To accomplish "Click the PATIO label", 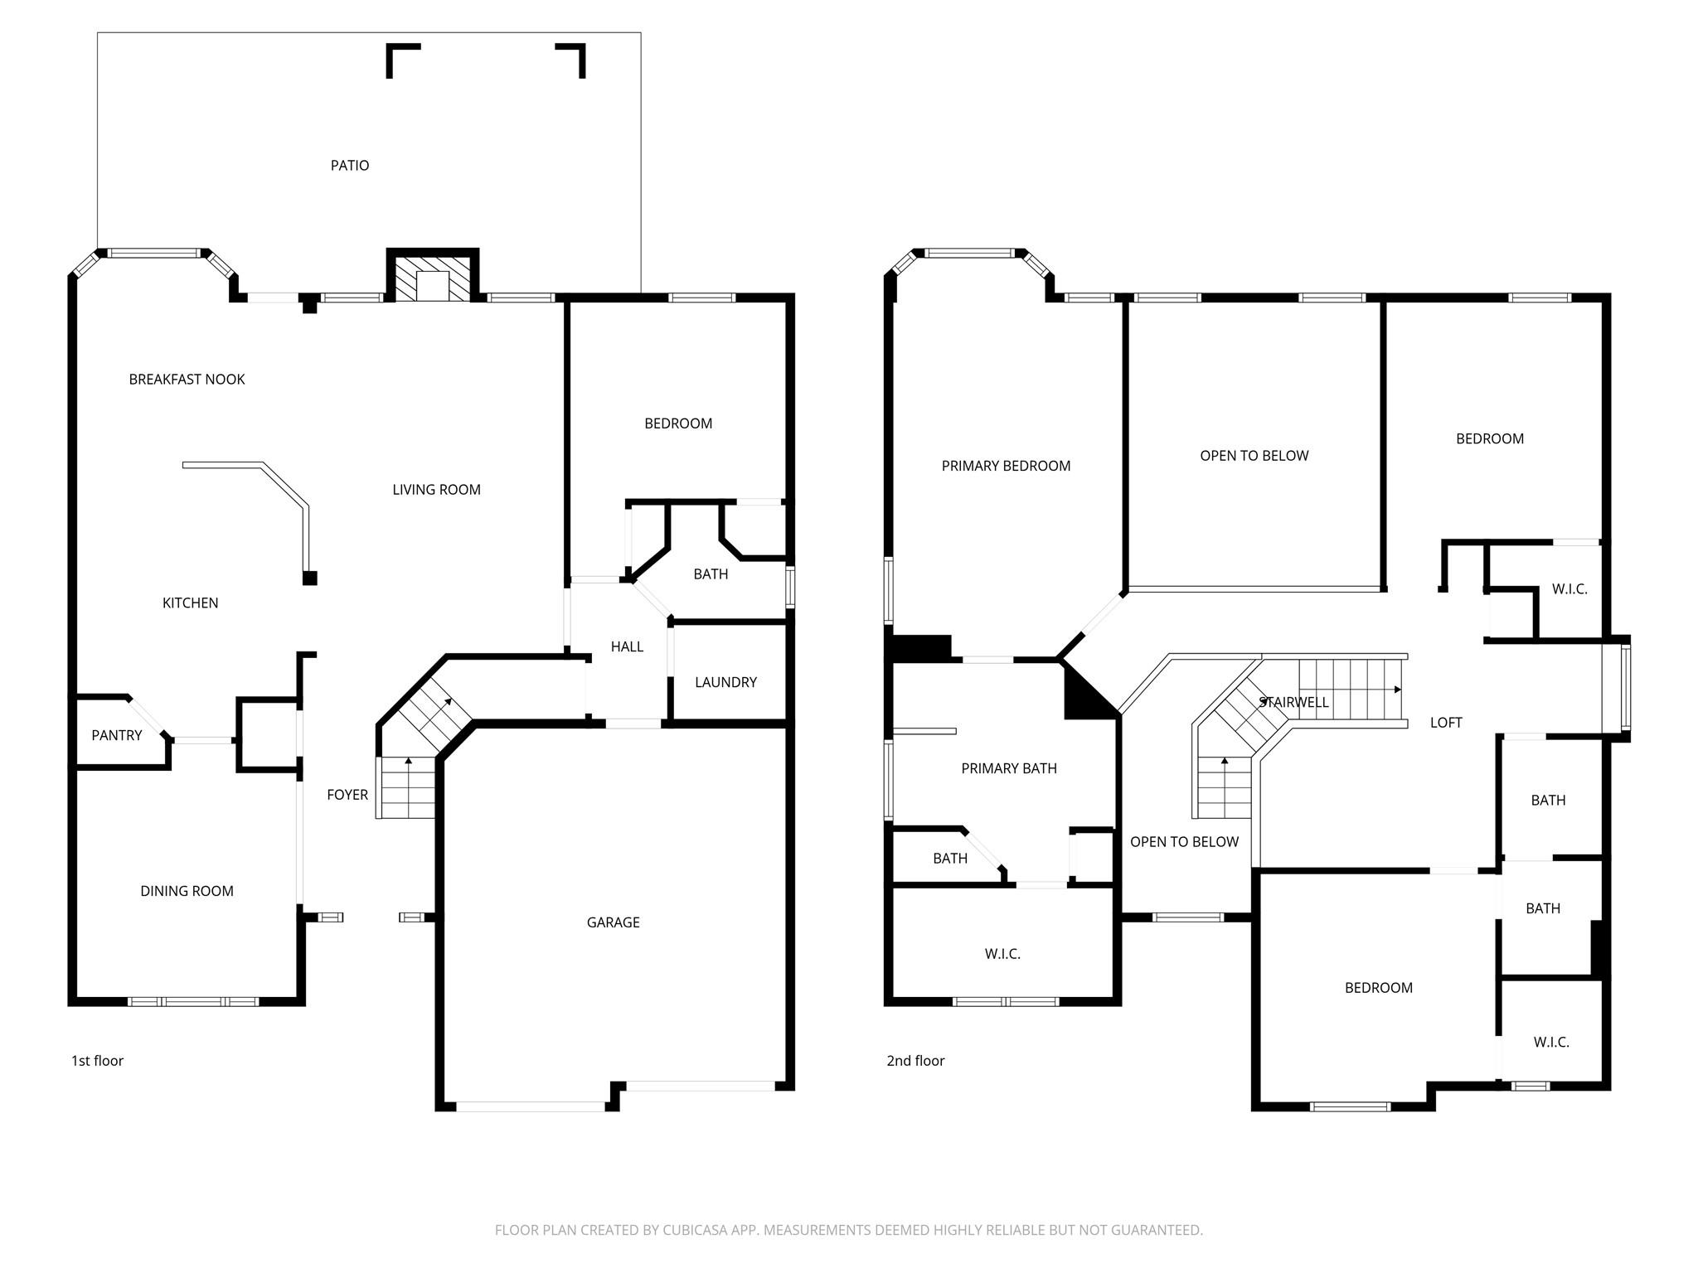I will point(350,166).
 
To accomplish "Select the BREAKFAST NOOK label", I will point(187,380).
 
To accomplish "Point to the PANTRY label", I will point(117,735).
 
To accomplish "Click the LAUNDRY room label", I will point(725,682).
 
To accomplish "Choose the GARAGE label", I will point(613,922).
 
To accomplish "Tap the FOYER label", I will point(347,795).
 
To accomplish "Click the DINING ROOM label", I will point(187,891).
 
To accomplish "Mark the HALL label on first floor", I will point(627,646).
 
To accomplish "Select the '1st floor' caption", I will point(97,1061).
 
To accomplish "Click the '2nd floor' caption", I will point(915,1061).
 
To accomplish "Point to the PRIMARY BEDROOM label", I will point(1006,466).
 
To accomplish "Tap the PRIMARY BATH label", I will point(1009,768).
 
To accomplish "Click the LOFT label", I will point(1446,723).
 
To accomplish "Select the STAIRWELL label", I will point(1293,702).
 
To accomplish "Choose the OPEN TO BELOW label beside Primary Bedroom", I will point(1254,456).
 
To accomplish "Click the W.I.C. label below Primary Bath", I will point(1002,954).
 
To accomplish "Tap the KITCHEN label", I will point(190,603).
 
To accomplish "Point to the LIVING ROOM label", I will point(436,490).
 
